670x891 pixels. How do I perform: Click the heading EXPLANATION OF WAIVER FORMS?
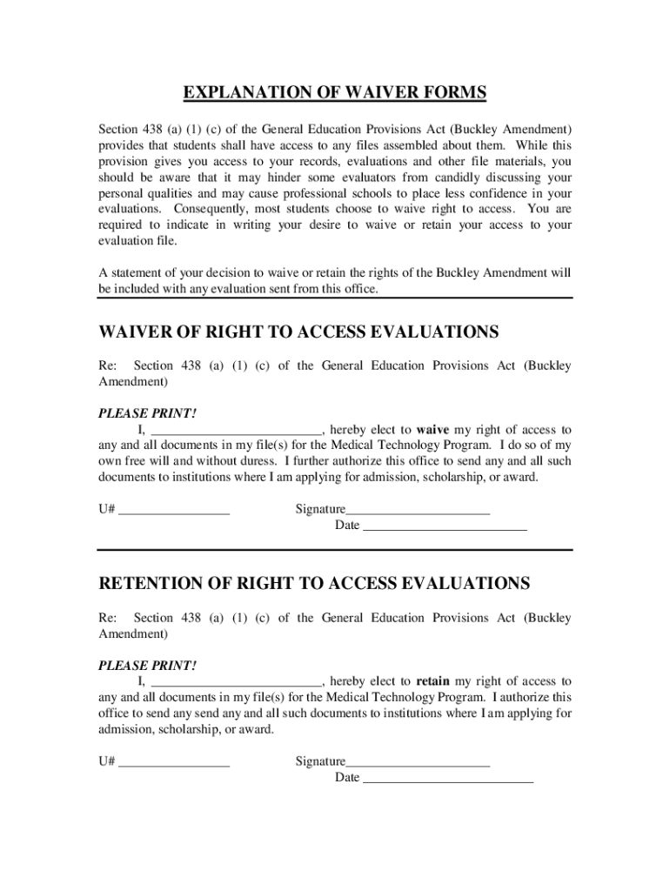pyautogui.click(x=334, y=93)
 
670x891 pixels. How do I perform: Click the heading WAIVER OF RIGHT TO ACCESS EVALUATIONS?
pyautogui.click(x=298, y=332)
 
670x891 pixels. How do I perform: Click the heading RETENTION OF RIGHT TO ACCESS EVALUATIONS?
pyautogui.click(x=314, y=583)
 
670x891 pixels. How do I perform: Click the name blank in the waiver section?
pyautogui.click(x=237, y=430)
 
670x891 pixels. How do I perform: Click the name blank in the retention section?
pyautogui.click(x=237, y=681)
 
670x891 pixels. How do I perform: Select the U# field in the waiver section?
pyautogui.click(x=174, y=510)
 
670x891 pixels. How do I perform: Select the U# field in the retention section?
pyautogui.click(x=174, y=761)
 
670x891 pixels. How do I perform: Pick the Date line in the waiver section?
pyautogui.click(x=444, y=526)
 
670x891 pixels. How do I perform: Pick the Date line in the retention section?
pyautogui.click(x=447, y=777)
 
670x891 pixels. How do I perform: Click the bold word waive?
pyautogui.click(x=432, y=430)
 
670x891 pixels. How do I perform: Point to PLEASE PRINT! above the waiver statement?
pyautogui.click(x=147, y=414)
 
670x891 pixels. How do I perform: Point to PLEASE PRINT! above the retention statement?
pyautogui.click(x=147, y=666)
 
